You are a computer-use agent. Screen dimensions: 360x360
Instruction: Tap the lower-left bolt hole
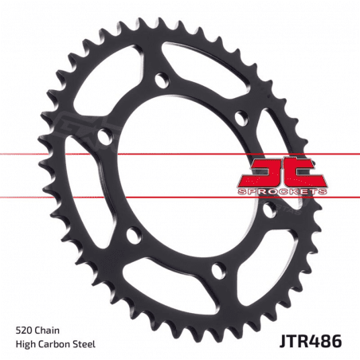(x=130, y=236)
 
